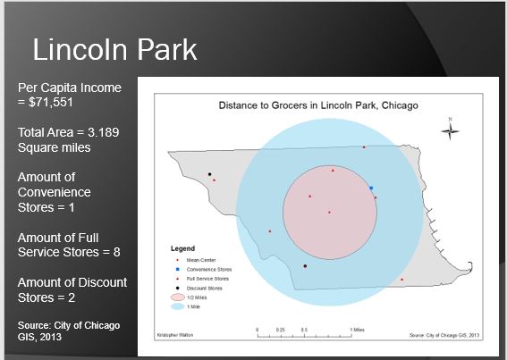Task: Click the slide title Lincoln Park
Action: (x=114, y=50)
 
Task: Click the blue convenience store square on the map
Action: (x=371, y=188)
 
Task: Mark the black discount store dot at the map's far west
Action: (x=209, y=174)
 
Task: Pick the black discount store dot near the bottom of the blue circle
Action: (x=305, y=266)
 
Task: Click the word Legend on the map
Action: (x=182, y=247)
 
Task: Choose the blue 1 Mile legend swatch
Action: (x=177, y=306)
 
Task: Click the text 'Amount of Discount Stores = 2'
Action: (x=72, y=289)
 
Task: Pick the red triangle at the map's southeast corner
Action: (x=402, y=280)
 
